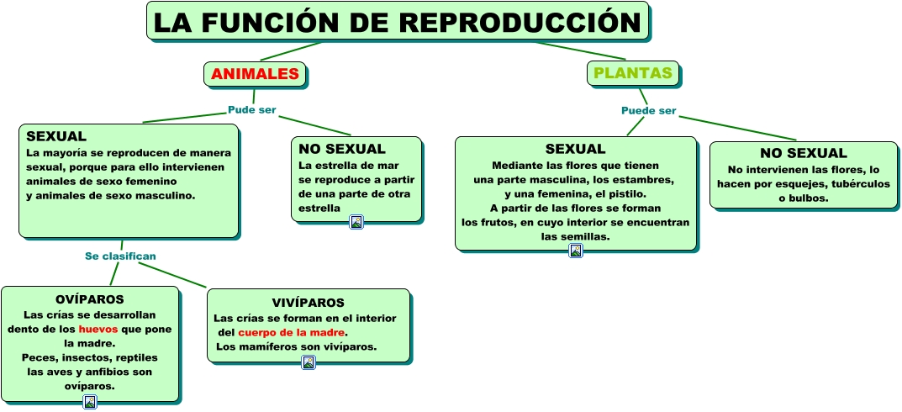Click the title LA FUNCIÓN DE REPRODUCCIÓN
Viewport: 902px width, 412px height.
tap(397, 22)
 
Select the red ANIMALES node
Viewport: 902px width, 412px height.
tap(255, 74)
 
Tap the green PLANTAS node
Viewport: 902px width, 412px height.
tap(633, 73)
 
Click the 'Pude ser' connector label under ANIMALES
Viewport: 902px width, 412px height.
tap(252, 110)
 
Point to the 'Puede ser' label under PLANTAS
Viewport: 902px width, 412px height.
tap(648, 111)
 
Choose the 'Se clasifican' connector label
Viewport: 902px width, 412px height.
tap(120, 256)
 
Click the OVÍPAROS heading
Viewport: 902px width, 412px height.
tap(89, 299)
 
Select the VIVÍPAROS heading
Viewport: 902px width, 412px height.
tap(308, 303)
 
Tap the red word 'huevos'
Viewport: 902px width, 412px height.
tap(98, 329)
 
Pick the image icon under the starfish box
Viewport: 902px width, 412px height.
tap(356, 222)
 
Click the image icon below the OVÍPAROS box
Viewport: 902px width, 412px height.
tap(90, 402)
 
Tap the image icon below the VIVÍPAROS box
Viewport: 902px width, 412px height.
tap(309, 362)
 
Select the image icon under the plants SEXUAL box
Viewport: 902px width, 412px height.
tap(576, 251)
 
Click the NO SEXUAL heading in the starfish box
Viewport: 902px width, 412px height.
tap(342, 149)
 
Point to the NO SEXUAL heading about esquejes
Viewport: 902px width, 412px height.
tap(803, 153)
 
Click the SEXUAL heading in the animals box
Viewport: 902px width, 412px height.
tap(56, 136)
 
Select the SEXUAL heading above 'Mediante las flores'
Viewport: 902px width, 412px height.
tap(575, 150)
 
